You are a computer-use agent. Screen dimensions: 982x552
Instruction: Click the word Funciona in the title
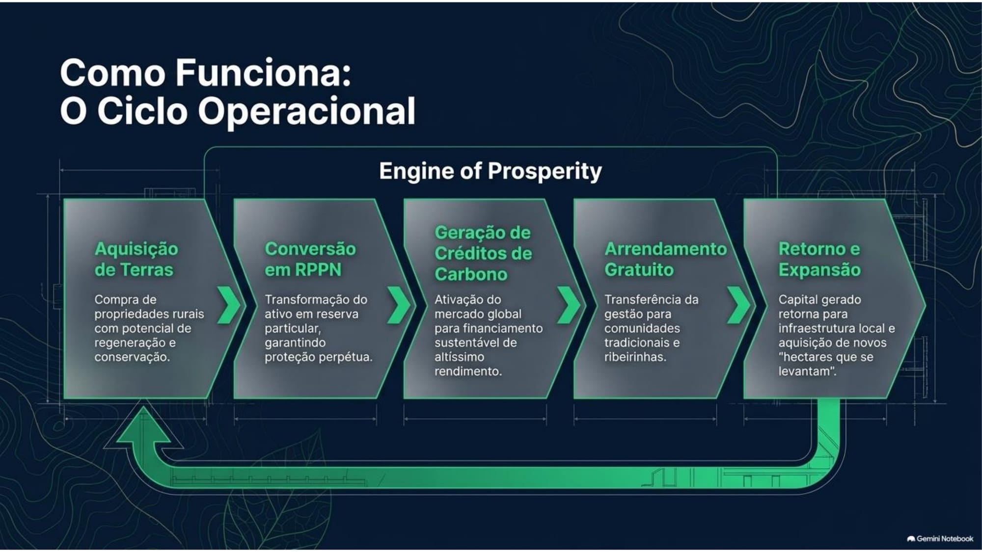click(x=264, y=73)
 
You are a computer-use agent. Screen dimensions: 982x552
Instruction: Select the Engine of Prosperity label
click(x=490, y=171)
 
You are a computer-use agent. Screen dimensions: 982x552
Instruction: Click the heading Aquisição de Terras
click(x=136, y=259)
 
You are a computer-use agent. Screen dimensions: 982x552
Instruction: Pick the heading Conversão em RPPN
click(x=310, y=259)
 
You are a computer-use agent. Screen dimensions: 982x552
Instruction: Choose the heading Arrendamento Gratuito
click(x=665, y=259)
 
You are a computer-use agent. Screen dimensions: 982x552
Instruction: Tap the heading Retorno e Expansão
click(x=819, y=259)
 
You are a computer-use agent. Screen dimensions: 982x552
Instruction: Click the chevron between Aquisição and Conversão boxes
click(x=229, y=305)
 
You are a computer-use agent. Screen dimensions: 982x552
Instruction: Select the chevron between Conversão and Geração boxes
click(x=399, y=305)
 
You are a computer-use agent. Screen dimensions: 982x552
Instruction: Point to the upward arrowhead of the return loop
click(x=143, y=423)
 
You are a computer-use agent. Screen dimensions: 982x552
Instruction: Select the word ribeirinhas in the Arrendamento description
click(x=635, y=357)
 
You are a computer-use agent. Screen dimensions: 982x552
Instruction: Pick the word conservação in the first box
click(x=132, y=357)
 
